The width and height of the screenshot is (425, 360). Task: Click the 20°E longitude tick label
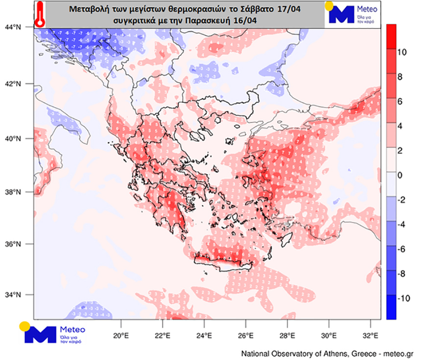120,336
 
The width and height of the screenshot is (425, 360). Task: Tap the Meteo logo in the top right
349,13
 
